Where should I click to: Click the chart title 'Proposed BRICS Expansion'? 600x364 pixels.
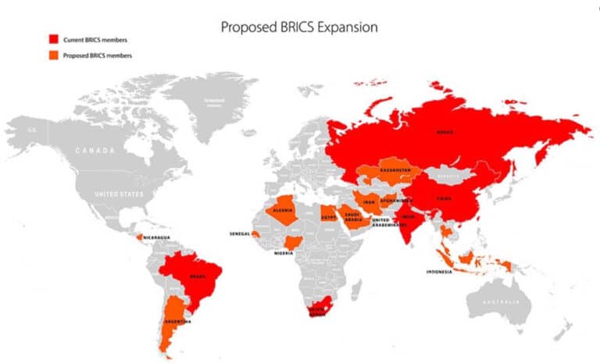299,27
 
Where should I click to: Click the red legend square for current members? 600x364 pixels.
53,38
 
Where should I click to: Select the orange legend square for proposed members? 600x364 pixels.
53,55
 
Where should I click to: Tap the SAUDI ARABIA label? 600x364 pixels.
354,217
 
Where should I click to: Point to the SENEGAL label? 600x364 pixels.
240,234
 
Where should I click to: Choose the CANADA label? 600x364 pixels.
95,149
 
